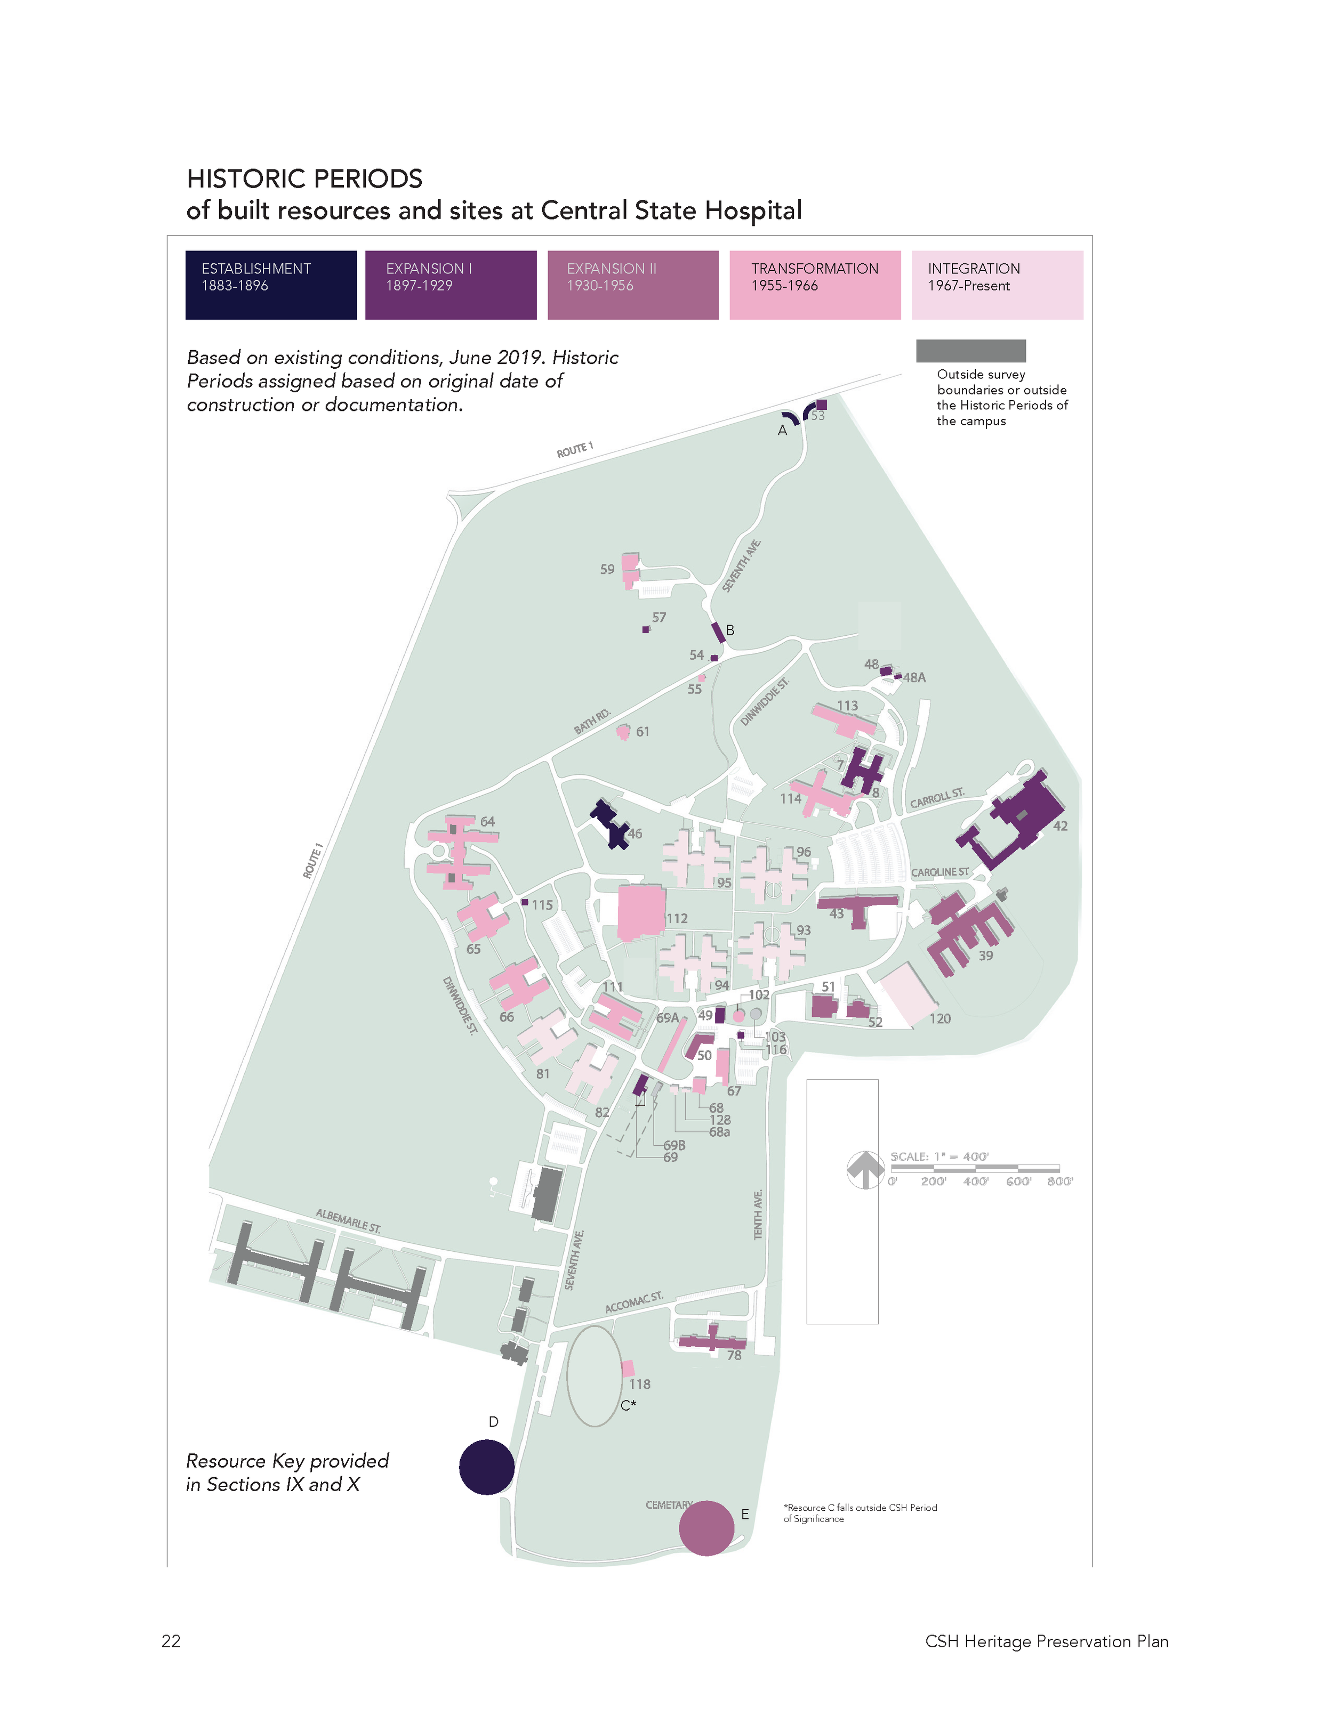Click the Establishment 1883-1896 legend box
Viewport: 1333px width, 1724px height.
[271, 285]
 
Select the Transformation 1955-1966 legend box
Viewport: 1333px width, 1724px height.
[814, 285]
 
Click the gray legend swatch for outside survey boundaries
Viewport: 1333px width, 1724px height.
[970, 351]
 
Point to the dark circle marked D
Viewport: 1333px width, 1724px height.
[486, 1467]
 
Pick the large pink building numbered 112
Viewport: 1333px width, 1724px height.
[640, 912]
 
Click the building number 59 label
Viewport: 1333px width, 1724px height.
[606, 569]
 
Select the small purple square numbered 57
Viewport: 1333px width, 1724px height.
[645, 630]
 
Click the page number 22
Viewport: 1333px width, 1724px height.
[171, 1641]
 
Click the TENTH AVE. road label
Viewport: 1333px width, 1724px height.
[758, 1215]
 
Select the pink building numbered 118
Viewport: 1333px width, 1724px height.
[628, 1369]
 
